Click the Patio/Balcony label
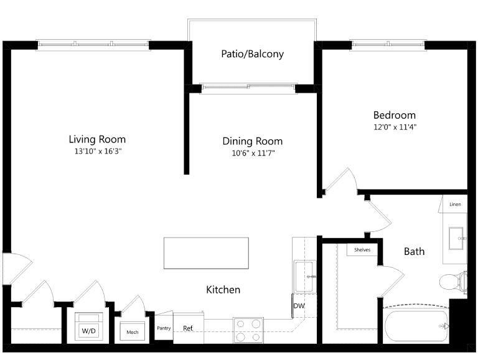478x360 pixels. coord(253,54)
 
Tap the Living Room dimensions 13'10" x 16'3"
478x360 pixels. coord(98,151)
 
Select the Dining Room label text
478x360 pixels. coord(253,141)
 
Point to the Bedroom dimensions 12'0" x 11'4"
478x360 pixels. coord(395,127)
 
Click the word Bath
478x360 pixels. coord(414,251)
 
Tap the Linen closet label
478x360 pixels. coord(455,205)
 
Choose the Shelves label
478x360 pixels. coord(362,250)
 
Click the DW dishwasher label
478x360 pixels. coord(299,306)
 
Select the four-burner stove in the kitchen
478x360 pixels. coord(248,330)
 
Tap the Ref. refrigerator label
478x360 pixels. coord(189,328)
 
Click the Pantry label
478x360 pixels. coord(164,328)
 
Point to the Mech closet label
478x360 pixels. coord(133,332)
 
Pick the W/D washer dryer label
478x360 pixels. coord(89,331)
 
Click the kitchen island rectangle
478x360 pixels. coord(206,253)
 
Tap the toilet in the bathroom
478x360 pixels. coord(454,282)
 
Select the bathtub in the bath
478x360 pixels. coord(416,326)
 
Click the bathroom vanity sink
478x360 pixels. coord(457,238)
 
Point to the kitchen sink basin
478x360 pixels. coord(304,276)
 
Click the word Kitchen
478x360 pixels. coord(223,289)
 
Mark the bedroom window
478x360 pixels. coord(388,45)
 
